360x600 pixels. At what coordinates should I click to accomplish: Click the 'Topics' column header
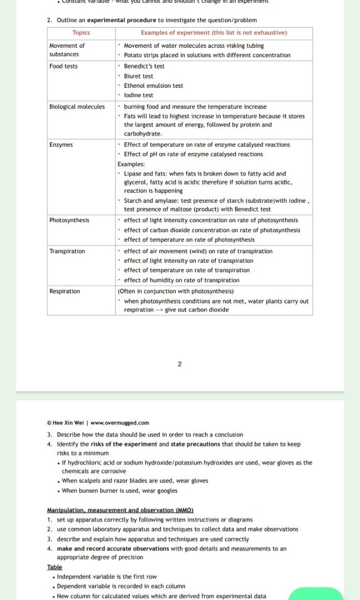pyautogui.click(x=81, y=33)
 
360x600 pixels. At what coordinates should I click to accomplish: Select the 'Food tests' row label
pyautogui.click(x=63, y=67)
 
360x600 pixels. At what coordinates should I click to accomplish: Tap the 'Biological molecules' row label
pyautogui.click(x=77, y=107)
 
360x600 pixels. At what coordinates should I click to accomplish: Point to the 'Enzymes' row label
pyautogui.click(x=61, y=145)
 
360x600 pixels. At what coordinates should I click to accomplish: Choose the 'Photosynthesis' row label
pyautogui.click(x=69, y=221)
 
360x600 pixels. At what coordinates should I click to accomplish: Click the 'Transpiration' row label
pyautogui.click(x=67, y=252)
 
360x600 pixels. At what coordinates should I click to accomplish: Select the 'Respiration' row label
pyautogui.click(x=64, y=292)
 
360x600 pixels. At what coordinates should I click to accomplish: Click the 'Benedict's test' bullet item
pyautogui.click(x=144, y=67)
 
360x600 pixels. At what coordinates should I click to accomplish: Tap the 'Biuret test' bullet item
pyautogui.click(x=138, y=76)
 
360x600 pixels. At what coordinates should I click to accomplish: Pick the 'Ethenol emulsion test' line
pyautogui.click(x=153, y=86)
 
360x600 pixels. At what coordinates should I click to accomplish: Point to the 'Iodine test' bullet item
pyautogui.click(x=138, y=96)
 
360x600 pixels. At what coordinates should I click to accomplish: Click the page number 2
pyautogui.click(x=179, y=364)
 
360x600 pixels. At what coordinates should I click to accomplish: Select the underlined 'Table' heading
pyautogui.click(x=54, y=567)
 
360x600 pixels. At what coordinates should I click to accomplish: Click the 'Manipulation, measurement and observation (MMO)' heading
pyautogui.click(x=120, y=510)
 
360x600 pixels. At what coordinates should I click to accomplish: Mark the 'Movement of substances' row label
pyautogui.click(x=67, y=50)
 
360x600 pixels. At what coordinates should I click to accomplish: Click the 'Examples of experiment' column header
pyautogui.click(x=214, y=33)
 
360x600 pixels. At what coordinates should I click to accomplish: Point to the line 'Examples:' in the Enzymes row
pyautogui.click(x=131, y=164)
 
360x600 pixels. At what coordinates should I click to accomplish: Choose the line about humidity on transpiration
pyautogui.click(x=182, y=281)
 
